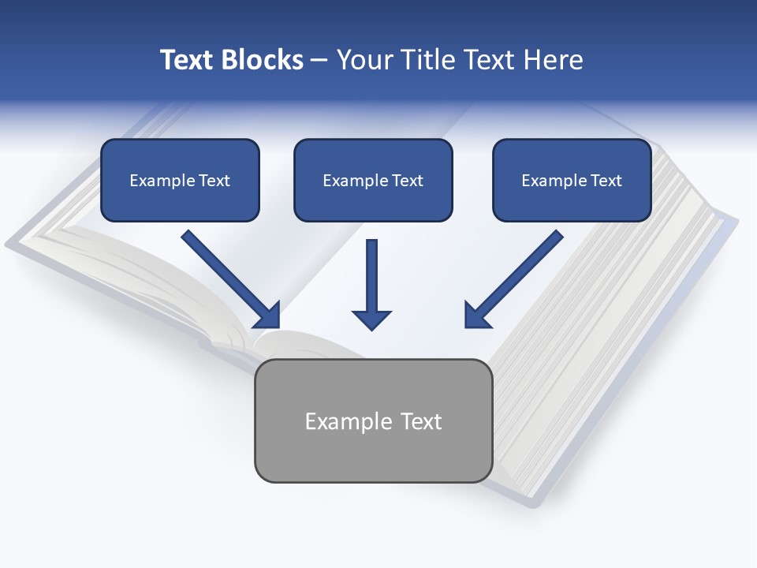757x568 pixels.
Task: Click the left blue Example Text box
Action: pyautogui.click(x=180, y=180)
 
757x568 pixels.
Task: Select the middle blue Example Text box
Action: pyautogui.click(x=373, y=180)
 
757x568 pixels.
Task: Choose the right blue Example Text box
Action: pyautogui.click(x=572, y=180)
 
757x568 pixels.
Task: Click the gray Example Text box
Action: pyautogui.click(x=373, y=420)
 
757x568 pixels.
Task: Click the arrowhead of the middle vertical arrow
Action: pyautogui.click(x=371, y=319)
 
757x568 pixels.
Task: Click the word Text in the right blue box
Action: pyautogui.click(x=606, y=181)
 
